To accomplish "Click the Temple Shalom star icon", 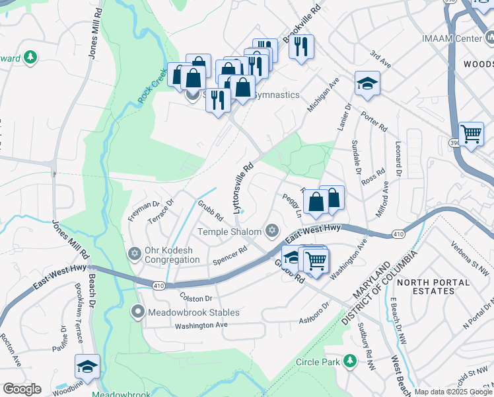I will click(x=271, y=230).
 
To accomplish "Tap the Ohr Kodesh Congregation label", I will click(x=172, y=254).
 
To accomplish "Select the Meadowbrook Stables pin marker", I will click(x=137, y=311).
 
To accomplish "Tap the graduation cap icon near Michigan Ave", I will click(x=367, y=84).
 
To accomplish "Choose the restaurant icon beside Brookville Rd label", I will click(x=301, y=47).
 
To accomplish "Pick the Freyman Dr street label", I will click(x=144, y=212).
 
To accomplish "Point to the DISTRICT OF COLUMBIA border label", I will click(x=379, y=288).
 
